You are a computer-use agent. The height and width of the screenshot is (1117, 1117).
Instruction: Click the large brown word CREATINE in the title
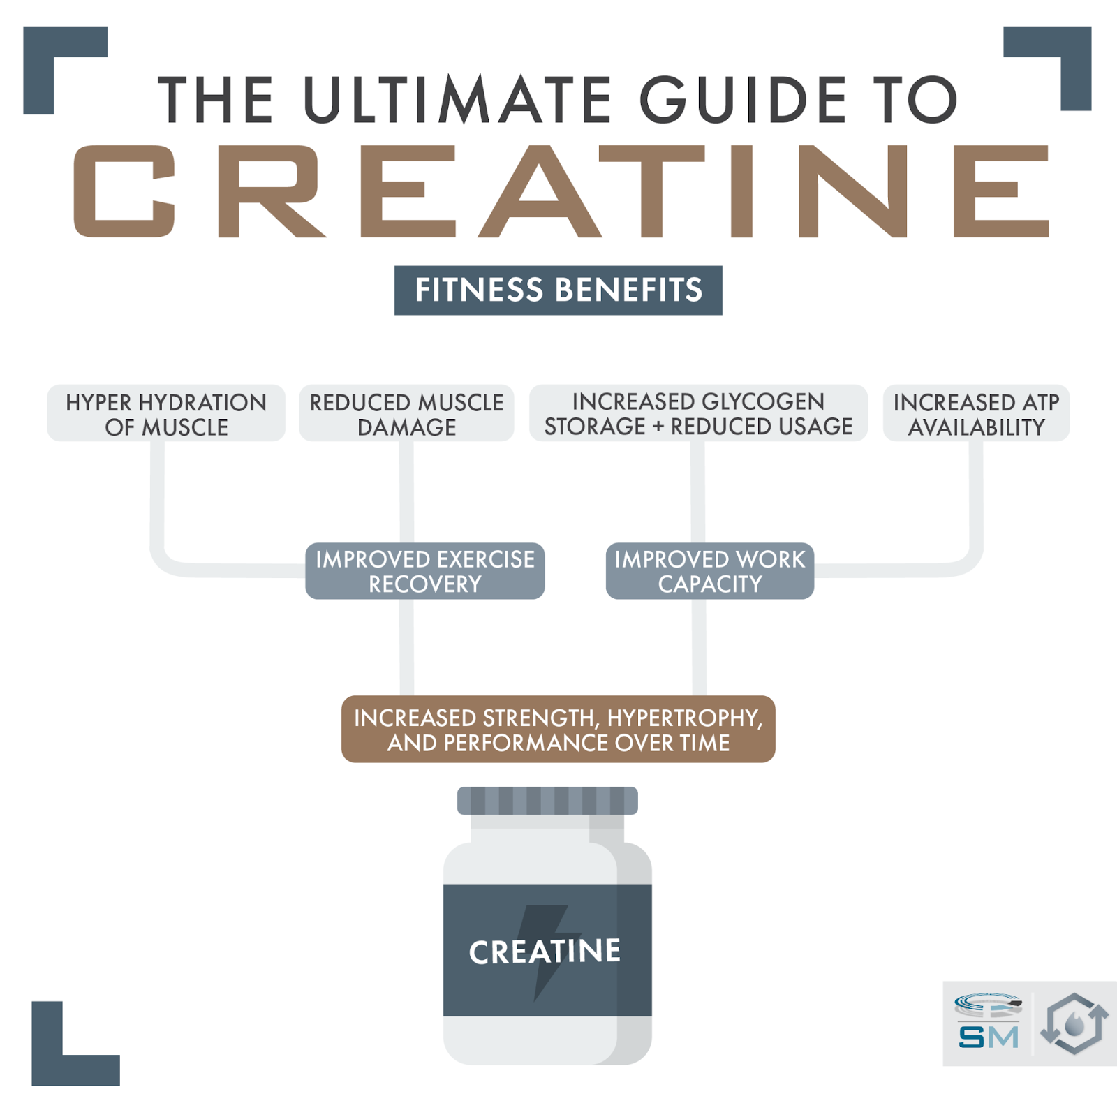561,191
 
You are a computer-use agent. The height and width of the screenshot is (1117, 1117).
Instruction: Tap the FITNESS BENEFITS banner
558,290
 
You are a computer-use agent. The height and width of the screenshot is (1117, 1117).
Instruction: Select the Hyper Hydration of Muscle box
166,413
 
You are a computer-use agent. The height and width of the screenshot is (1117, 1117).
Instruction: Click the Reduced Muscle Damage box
407,413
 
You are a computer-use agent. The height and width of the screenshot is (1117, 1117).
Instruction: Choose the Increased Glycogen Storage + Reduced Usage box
699,413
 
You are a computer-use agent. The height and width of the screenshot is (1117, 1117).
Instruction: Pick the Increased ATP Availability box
977,413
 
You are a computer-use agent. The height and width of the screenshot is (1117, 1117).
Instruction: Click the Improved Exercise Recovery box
425,571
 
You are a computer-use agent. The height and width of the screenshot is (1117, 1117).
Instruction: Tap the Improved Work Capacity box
710,571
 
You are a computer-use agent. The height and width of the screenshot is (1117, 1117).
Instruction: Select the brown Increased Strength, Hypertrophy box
558,730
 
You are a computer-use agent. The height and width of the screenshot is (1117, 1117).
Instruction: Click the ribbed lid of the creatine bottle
547,801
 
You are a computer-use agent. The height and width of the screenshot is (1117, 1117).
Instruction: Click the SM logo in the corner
988,1022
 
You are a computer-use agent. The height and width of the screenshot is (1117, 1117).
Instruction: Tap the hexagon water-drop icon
1074,1023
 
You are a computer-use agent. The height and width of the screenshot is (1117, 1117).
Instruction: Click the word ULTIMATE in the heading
458,100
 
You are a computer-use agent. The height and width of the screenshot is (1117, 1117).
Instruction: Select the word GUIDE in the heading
744,100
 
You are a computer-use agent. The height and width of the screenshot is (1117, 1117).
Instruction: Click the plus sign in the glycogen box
658,427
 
